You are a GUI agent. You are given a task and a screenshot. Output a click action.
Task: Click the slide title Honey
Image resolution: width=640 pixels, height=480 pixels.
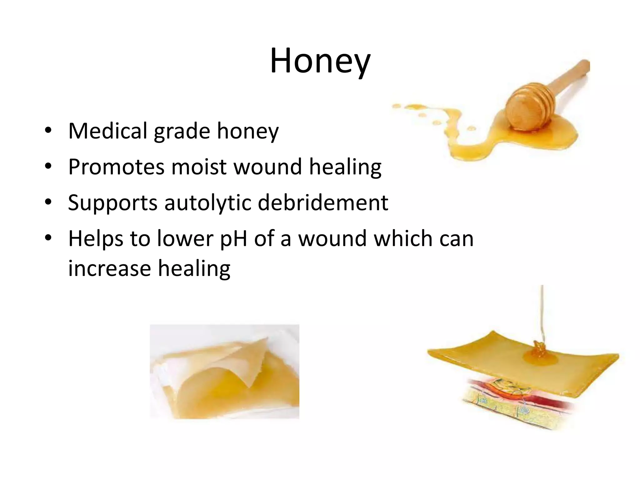[x=320, y=62]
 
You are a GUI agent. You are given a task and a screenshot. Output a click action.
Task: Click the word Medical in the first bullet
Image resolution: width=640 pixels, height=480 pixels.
[x=107, y=131]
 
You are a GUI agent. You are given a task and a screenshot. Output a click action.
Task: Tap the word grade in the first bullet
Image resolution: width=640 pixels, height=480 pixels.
[x=182, y=132]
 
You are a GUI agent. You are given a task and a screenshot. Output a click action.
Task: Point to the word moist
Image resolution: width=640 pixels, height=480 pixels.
[x=199, y=167]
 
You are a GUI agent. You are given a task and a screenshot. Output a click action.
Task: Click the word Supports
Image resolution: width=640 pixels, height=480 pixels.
[x=112, y=203]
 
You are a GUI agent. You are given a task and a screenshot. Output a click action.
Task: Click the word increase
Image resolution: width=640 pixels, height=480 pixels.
[x=109, y=268]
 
